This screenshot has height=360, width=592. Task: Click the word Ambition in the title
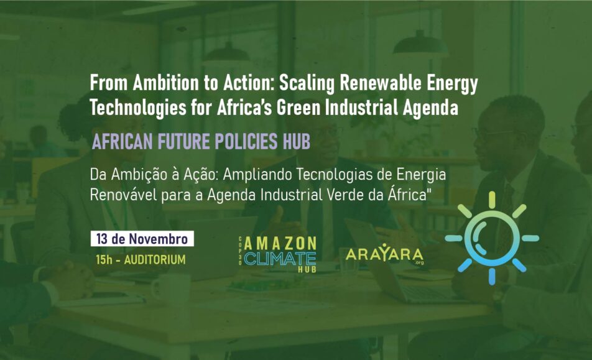pyautogui.click(x=166, y=83)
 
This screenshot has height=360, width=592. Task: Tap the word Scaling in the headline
pyautogui.click(x=307, y=84)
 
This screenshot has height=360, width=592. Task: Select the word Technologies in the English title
pyautogui.click(x=138, y=108)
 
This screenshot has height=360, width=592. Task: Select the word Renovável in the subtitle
pyautogui.click(x=124, y=195)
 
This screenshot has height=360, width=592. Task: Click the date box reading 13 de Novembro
pyautogui.click(x=142, y=239)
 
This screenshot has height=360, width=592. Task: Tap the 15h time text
pyautogui.click(x=104, y=260)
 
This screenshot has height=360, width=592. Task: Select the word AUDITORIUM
pyautogui.click(x=155, y=260)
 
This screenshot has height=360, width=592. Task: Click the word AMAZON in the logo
pyautogui.click(x=280, y=244)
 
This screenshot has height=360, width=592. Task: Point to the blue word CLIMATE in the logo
pyautogui.click(x=280, y=259)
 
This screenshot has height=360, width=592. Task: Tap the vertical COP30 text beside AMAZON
pyautogui.click(x=240, y=251)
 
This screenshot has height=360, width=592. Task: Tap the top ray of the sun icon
pyautogui.click(x=491, y=200)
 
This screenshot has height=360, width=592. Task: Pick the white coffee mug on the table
pyautogui.click(x=170, y=288)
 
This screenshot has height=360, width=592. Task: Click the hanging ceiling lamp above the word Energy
pyautogui.click(x=420, y=42)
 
